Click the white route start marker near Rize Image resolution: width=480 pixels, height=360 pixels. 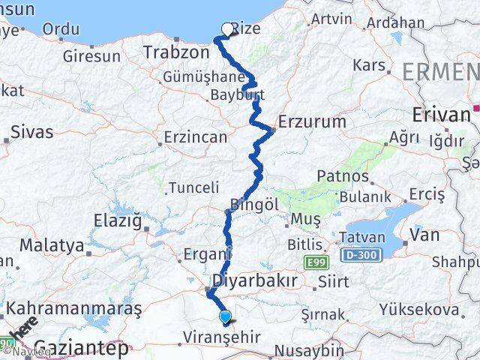(227, 29)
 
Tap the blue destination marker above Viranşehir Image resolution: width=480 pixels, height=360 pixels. (225, 317)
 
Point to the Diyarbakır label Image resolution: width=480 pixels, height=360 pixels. (256, 280)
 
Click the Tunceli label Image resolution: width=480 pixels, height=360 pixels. (193, 187)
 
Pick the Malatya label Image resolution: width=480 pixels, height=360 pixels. (52, 245)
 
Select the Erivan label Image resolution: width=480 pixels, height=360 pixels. (440, 115)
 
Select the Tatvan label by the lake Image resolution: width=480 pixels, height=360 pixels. (364, 237)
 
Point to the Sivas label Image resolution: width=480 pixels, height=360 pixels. (32, 133)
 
